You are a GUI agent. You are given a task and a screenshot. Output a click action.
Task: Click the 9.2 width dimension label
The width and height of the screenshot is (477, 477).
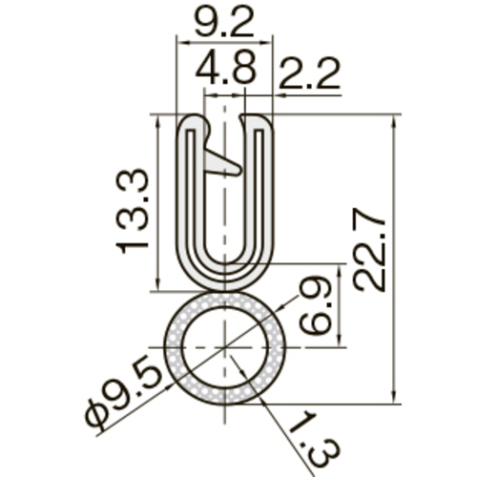(224, 21)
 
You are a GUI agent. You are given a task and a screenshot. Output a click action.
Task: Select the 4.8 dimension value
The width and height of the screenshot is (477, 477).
(225, 69)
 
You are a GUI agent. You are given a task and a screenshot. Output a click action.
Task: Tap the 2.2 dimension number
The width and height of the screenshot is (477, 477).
(310, 73)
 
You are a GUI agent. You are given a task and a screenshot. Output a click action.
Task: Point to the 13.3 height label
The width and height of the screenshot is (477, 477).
(132, 212)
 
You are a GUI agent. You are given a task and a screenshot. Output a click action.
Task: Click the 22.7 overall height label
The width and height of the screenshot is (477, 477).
(369, 250)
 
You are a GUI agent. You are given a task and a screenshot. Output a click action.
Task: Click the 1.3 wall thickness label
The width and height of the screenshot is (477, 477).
(313, 440)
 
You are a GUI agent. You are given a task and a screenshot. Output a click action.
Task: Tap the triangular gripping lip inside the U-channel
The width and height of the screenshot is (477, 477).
(222, 162)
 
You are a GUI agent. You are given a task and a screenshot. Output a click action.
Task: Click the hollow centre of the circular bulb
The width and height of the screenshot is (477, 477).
(225, 347)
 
